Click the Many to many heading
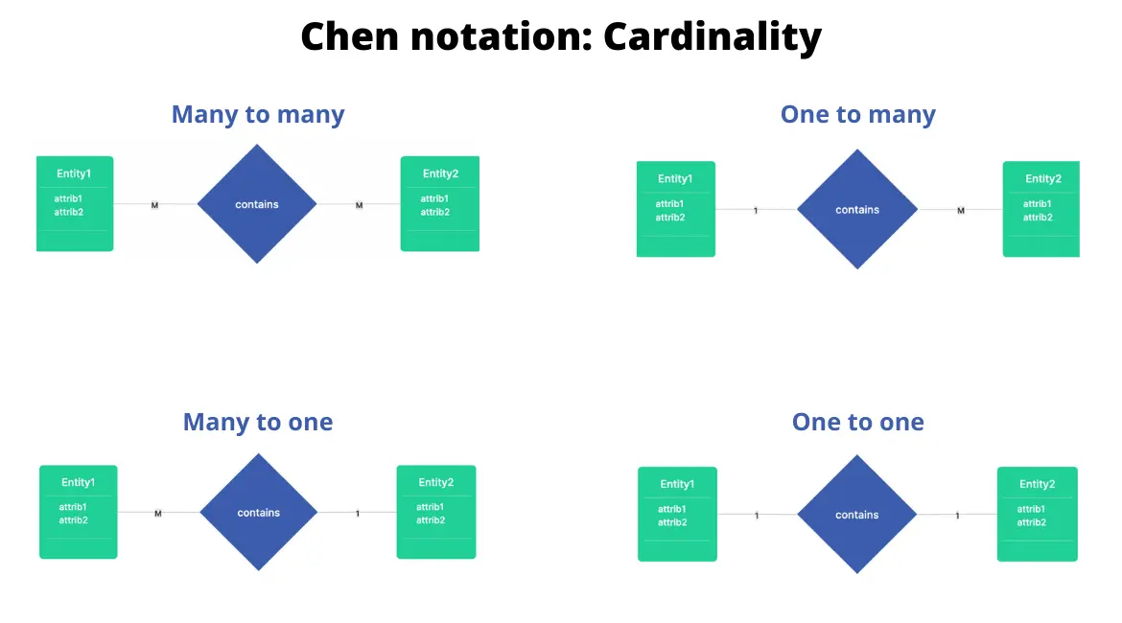(257, 115)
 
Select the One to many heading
(857, 115)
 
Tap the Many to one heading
(257, 423)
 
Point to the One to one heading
(857, 423)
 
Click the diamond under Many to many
(257, 204)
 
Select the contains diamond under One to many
(857, 209)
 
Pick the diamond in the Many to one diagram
(258, 513)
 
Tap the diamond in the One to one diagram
(857, 515)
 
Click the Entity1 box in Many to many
(75, 204)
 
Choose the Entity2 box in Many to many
(439, 204)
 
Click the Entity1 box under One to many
(675, 209)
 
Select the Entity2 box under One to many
(1041, 209)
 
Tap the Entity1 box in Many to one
(78, 512)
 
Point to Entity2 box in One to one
(1037, 514)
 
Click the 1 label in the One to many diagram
(756, 210)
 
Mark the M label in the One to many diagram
(961, 210)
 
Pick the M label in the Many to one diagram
(158, 513)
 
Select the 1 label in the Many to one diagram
(358, 513)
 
